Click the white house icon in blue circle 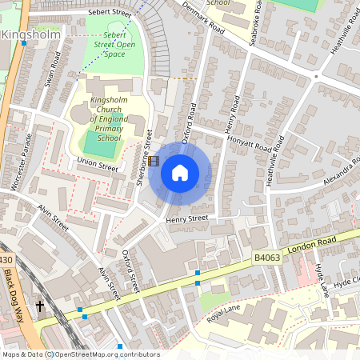click(x=180, y=173)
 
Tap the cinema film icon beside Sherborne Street click(x=154, y=161)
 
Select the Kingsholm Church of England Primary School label click(x=110, y=118)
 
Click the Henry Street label click(x=187, y=218)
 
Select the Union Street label click(x=98, y=165)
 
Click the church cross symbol click(x=40, y=306)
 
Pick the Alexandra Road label click(x=331, y=170)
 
